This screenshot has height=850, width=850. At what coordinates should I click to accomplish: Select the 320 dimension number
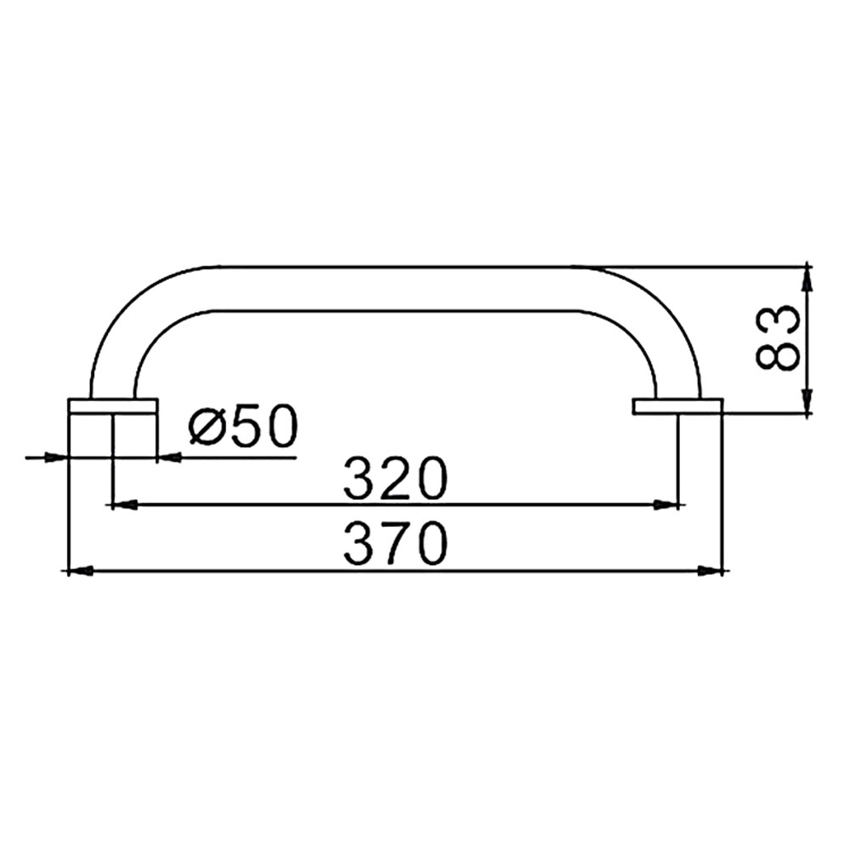point(396,478)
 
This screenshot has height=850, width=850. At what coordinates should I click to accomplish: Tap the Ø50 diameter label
point(243,426)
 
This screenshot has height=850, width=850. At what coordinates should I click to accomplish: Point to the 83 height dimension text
point(778,337)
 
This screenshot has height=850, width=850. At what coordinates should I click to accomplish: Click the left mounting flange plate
point(113,406)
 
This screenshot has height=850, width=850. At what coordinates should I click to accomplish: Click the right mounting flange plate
point(677,406)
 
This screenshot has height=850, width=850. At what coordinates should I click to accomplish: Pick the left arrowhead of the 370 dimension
point(80,570)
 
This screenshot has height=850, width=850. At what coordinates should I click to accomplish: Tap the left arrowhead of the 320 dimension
point(124,505)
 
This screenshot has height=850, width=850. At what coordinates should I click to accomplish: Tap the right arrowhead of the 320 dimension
point(666,505)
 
